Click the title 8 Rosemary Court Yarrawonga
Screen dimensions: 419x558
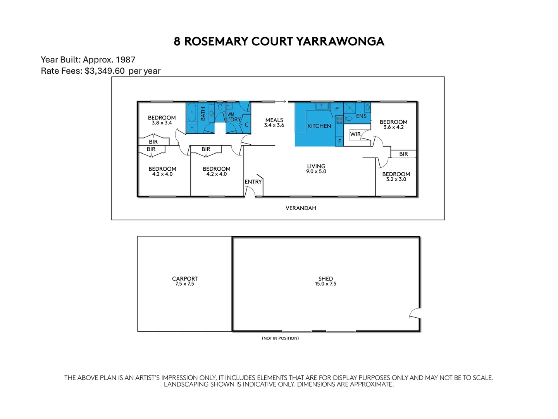[279, 42]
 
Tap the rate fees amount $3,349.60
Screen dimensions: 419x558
[105, 71]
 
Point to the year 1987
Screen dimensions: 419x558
[125, 60]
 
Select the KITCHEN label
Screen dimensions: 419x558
[319, 126]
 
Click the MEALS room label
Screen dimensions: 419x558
[274, 120]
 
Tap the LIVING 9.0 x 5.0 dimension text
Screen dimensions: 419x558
[316, 171]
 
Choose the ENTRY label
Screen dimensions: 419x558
[253, 182]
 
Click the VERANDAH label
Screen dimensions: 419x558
[301, 208]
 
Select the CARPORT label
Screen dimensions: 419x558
[185, 279]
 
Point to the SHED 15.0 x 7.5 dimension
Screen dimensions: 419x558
[325, 284]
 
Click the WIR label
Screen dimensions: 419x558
[355, 134]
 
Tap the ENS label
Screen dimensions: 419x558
[361, 116]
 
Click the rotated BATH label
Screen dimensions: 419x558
[203, 114]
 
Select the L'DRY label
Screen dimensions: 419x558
[233, 119]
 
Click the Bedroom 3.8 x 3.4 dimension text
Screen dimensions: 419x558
[162, 123]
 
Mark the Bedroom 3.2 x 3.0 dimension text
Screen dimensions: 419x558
[396, 180]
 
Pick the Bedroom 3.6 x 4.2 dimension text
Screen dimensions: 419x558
[393, 127]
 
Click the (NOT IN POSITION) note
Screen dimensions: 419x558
[280, 338]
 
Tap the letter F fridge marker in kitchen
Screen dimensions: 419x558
[339, 141]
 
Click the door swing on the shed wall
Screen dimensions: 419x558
[415, 313]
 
